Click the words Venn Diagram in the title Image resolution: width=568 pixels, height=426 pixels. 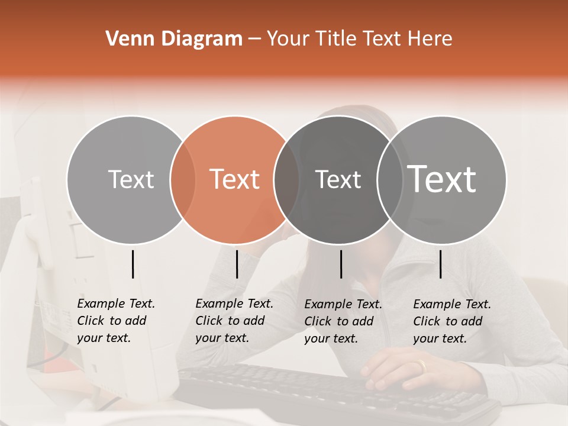[x=174, y=39]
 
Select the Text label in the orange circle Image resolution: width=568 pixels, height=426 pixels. [x=234, y=179]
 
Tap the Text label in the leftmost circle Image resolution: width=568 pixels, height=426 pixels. [x=131, y=179]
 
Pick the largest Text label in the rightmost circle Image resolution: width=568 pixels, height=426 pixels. [x=442, y=179]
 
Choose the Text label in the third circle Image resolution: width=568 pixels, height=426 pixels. [x=338, y=179]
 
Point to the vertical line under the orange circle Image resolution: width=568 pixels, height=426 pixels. [x=237, y=264]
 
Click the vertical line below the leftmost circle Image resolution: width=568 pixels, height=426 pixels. [x=133, y=264]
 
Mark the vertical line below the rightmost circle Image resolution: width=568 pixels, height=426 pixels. [x=441, y=264]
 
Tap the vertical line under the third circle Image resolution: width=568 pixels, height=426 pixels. [x=341, y=264]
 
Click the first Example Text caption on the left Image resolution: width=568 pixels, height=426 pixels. [x=116, y=321]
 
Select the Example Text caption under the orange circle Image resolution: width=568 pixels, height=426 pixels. [x=234, y=321]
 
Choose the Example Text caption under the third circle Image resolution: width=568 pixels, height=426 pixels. [x=343, y=321]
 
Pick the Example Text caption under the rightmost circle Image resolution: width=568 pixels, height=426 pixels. [x=452, y=321]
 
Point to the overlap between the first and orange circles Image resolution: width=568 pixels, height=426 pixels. [x=183, y=179]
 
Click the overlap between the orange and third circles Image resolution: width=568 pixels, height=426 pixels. [x=286, y=179]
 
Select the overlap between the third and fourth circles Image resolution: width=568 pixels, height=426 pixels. [x=390, y=179]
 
